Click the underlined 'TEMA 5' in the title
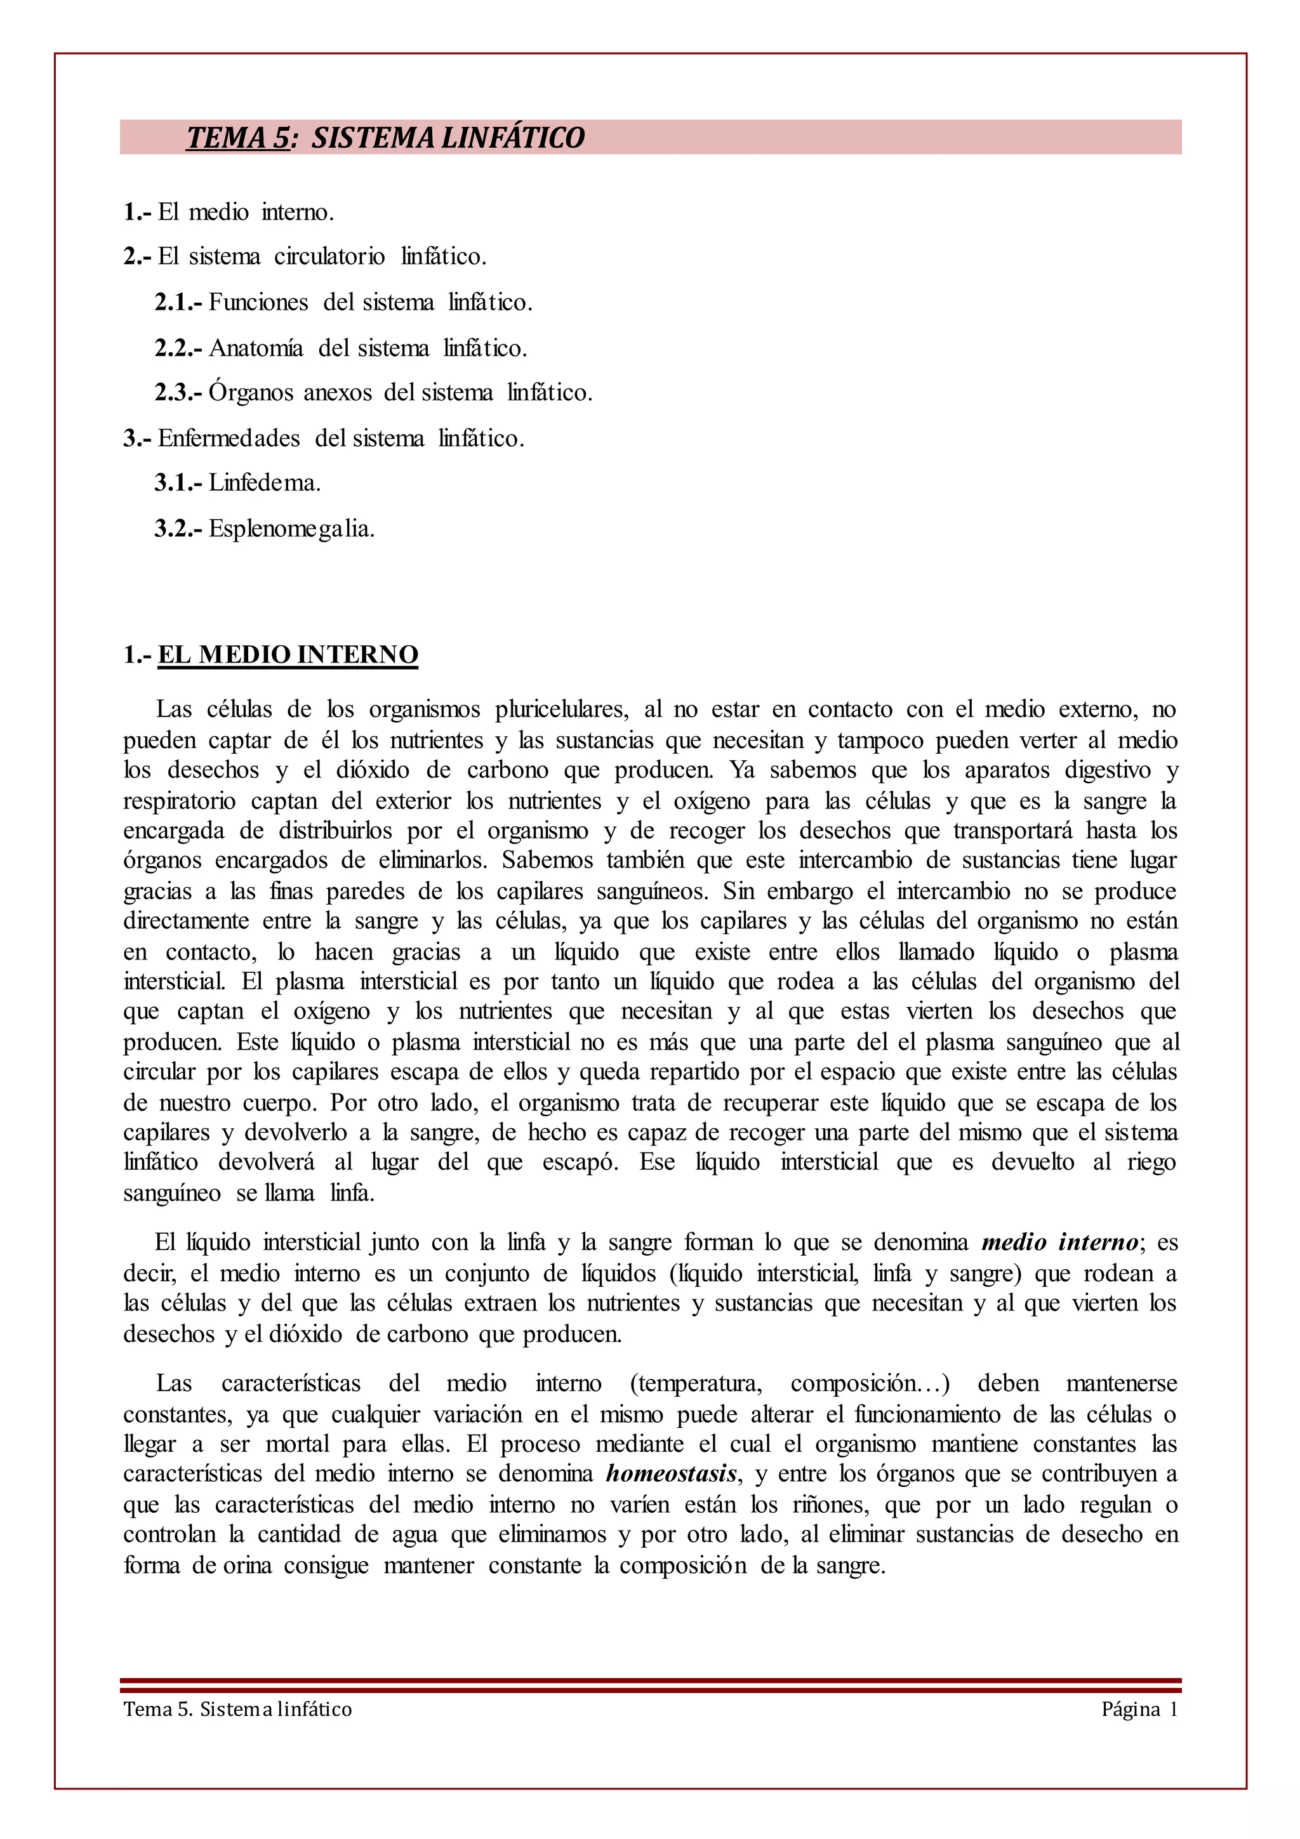(x=237, y=138)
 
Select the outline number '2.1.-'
(x=178, y=303)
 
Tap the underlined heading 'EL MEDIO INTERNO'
(x=288, y=654)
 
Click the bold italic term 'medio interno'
(x=1059, y=1242)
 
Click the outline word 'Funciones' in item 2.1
(x=259, y=303)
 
